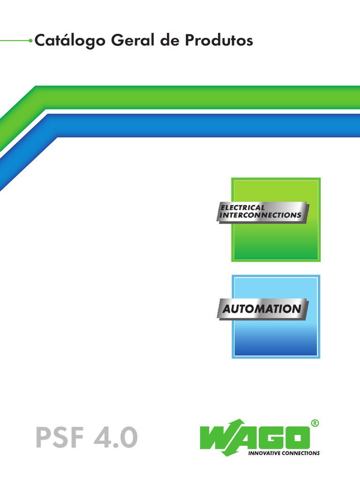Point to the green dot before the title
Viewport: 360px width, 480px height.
[31, 41]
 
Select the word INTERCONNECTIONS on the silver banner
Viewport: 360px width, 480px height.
[261, 215]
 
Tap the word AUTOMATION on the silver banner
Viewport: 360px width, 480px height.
[262, 309]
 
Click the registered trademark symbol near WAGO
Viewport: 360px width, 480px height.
[315, 423]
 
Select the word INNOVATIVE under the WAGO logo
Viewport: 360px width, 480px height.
[265, 453]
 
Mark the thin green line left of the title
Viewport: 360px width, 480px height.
[14, 41]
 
